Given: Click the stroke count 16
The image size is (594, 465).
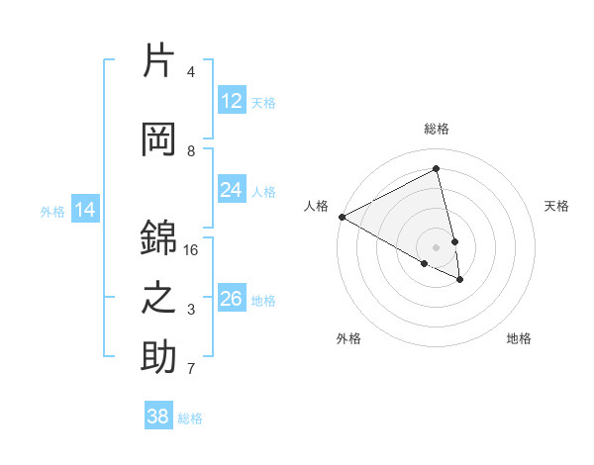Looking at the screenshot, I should click(192, 250).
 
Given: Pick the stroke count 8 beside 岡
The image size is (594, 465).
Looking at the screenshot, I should click(191, 151).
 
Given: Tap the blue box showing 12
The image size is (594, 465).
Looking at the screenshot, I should click(232, 101).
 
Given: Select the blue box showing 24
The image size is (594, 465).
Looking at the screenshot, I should click(232, 190).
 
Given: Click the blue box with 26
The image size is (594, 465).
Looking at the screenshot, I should click(232, 299).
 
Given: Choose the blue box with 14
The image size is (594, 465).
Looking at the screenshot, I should click(85, 210).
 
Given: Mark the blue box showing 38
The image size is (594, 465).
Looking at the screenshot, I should click(158, 417).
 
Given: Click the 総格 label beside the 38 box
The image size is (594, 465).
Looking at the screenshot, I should click(190, 418).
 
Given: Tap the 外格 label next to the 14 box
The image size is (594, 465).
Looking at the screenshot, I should click(52, 211).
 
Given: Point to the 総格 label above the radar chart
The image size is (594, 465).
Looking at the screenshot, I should click(437, 129).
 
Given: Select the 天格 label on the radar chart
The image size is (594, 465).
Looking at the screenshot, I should click(556, 206).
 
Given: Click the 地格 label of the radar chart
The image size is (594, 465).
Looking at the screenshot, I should click(519, 338).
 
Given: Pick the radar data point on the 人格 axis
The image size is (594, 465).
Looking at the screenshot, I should click(342, 217).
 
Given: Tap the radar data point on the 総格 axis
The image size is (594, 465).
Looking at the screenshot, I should click(437, 169).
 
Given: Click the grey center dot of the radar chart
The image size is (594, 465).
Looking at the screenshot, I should click(437, 247).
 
